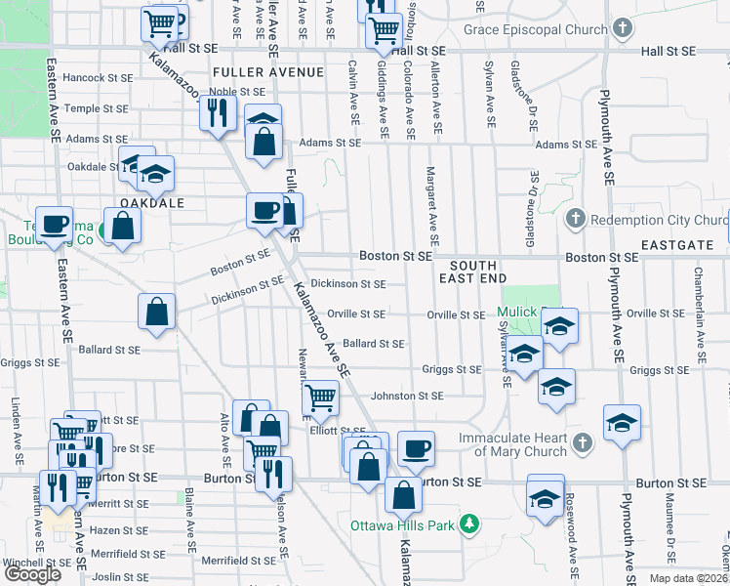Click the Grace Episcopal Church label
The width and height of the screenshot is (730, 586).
pyautogui.click(x=536, y=30)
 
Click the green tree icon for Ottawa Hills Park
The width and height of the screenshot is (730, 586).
pyautogui.click(x=469, y=524)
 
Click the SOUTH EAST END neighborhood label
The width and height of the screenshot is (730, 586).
pyautogui.click(x=473, y=272)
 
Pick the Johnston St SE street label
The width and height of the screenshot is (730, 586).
pyautogui.click(x=406, y=396)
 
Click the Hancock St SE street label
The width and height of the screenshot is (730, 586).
pyautogui.click(x=98, y=77)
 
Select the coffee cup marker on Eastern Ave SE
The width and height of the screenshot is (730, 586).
pyautogui.click(x=54, y=223)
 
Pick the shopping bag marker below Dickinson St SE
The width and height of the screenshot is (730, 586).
pyautogui.click(x=156, y=313)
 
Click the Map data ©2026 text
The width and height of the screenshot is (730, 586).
pyautogui.click(x=688, y=578)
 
